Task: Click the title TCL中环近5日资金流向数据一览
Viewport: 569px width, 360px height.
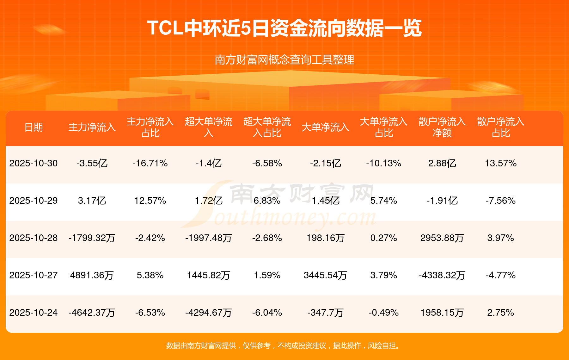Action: (284, 28)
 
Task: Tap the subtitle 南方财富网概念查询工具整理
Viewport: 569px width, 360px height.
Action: (284, 60)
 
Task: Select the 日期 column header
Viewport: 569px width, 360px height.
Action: (34, 127)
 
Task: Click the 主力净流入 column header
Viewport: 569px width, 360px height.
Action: (92, 127)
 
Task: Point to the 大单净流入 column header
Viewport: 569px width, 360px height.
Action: (325, 127)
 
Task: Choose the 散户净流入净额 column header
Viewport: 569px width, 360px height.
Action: (442, 127)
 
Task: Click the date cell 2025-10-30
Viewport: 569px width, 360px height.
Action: (34, 163)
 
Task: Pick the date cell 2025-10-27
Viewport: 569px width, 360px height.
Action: (34, 275)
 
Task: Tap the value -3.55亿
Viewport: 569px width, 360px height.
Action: (92, 163)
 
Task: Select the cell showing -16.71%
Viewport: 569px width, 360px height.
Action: (150, 163)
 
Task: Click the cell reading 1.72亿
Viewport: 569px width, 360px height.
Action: (209, 201)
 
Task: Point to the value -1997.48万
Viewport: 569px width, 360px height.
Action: (209, 238)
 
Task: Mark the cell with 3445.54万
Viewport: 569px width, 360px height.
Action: (325, 275)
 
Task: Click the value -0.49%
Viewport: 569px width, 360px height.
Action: (383, 313)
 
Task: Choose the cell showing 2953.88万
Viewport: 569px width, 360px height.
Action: (442, 238)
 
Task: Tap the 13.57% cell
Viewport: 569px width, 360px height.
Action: (500, 163)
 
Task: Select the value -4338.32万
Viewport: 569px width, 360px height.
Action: (442, 275)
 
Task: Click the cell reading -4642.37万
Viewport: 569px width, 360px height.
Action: (92, 313)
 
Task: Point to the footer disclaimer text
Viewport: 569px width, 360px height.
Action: (284, 346)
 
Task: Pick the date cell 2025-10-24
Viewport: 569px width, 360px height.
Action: (34, 313)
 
